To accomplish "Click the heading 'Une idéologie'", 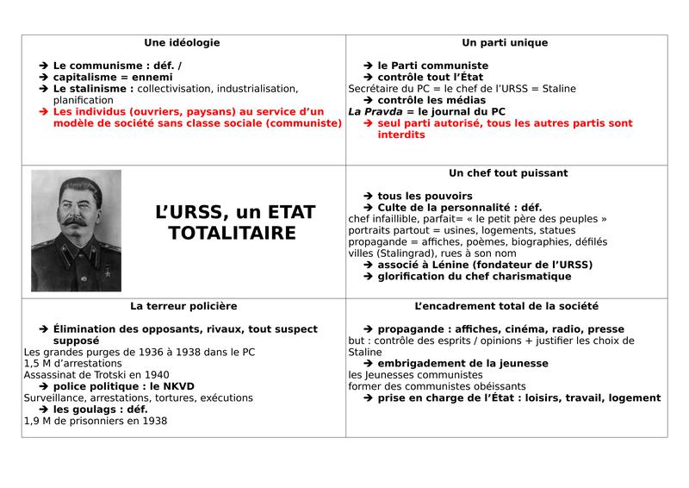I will (x=182, y=42).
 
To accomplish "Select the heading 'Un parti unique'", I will (x=505, y=42).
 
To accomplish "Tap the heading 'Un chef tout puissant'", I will (x=508, y=173).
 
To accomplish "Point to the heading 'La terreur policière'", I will (x=183, y=306).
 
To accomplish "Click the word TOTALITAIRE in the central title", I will (x=233, y=234).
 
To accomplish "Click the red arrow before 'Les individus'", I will (x=44, y=112).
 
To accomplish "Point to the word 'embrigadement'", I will (x=423, y=364).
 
